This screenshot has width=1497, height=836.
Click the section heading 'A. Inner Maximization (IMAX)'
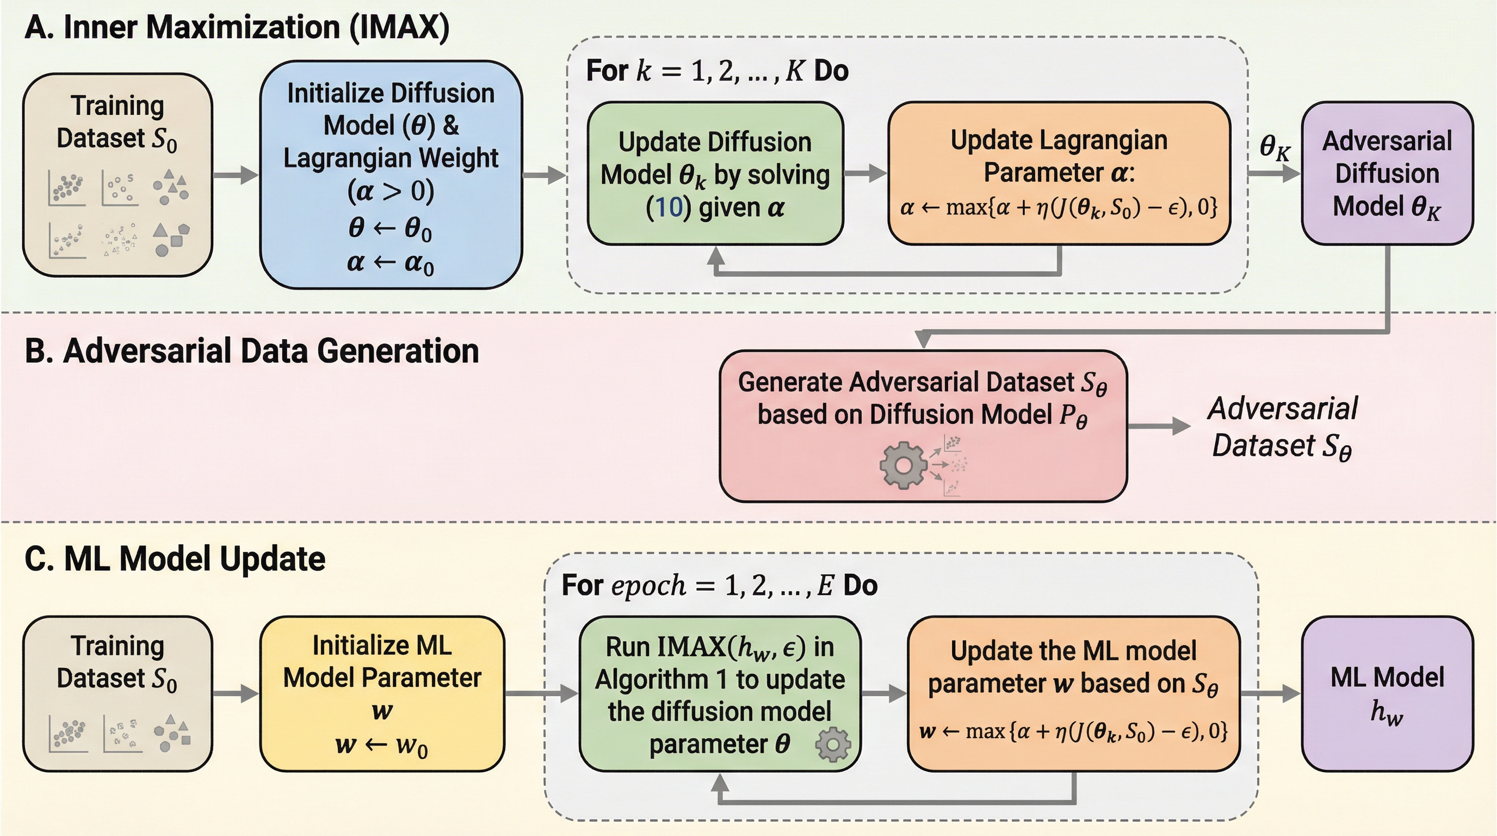coord(237,27)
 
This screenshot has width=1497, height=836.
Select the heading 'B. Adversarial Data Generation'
coord(252,351)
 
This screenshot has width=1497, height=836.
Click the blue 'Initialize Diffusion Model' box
coord(391,174)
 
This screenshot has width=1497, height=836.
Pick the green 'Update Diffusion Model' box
coord(715,173)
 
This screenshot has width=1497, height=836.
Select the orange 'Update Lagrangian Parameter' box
coord(1059,173)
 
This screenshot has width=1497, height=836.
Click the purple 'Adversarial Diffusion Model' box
coord(1387,173)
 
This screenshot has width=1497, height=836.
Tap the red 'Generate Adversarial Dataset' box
coord(924,426)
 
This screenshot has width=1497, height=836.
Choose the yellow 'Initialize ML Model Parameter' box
coord(382,693)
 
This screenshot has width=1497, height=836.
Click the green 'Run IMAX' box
coord(720,693)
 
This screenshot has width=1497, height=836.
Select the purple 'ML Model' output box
coord(1387,693)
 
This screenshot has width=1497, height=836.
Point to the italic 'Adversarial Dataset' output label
coord(1283,427)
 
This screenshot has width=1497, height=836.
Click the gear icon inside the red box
coord(903,465)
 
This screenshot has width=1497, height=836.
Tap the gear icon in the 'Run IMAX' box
coord(833,744)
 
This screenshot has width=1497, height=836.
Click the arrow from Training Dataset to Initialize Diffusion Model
coord(236,174)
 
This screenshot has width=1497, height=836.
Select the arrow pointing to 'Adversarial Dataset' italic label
coord(1160,426)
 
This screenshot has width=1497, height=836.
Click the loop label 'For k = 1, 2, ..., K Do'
coord(717,71)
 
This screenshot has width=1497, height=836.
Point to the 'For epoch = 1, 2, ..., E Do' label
coord(720,586)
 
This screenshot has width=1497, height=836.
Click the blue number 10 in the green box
coord(669,207)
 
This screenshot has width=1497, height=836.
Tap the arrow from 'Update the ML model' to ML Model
coord(1271,693)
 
